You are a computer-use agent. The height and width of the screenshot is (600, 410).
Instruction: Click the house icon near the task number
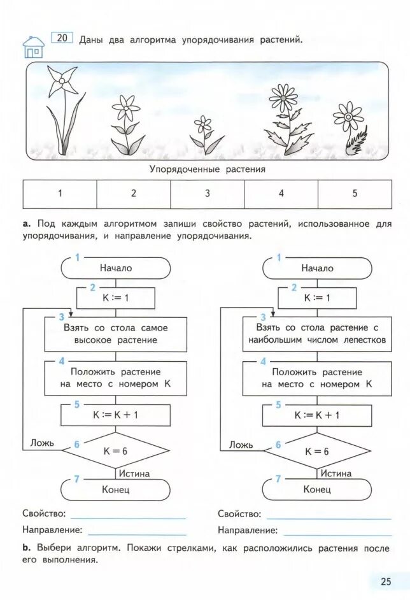[x=33, y=46]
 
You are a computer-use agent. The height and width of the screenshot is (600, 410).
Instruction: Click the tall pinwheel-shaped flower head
[x=61, y=81]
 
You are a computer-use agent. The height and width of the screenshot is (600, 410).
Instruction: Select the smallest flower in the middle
[x=203, y=124]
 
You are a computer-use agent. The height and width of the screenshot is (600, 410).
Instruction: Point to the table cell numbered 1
[x=60, y=194]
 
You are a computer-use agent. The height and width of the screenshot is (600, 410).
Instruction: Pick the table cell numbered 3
[x=208, y=194]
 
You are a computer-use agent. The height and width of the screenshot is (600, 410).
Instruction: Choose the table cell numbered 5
[x=355, y=194]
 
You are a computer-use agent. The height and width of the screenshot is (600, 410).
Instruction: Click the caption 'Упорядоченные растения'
[x=208, y=169]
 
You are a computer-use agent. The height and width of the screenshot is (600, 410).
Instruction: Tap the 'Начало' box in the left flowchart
[x=116, y=268]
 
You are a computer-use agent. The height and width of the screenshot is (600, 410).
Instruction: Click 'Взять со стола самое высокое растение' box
[x=116, y=334]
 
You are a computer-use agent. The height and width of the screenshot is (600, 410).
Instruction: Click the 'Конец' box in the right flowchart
[x=316, y=490]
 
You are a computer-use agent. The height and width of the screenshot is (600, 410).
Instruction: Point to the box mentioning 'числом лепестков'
[x=316, y=334]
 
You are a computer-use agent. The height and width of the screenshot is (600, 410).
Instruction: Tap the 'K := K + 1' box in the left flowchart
[x=116, y=415]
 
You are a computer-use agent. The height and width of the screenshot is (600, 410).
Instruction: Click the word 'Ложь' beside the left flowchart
[x=42, y=443]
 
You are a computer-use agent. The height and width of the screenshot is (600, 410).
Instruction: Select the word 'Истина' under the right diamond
[x=336, y=473]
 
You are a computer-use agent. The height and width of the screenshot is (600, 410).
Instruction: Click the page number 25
[x=386, y=581]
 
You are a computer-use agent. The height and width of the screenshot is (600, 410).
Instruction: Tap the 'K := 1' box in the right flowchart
[x=316, y=297]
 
